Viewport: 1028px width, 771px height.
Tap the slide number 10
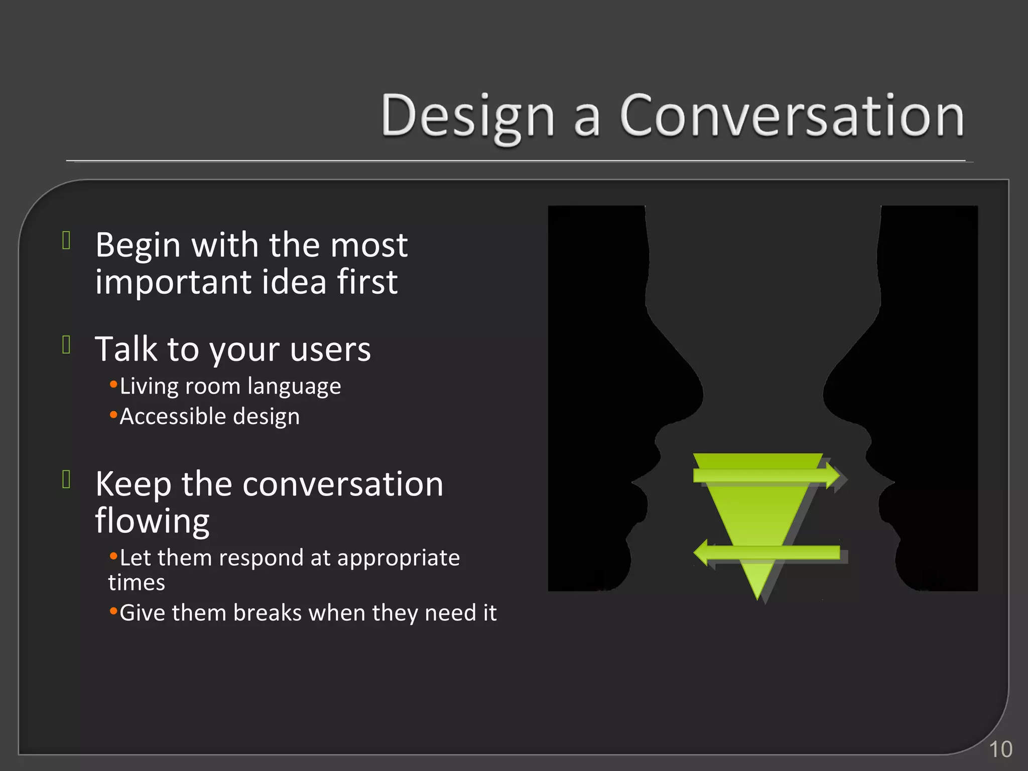click(x=1000, y=749)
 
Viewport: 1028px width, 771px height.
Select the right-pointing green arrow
click(x=765, y=475)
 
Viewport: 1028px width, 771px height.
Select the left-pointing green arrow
click(x=765, y=553)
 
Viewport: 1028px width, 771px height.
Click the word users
click(x=330, y=349)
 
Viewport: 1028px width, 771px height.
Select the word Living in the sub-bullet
click(x=149, y=387)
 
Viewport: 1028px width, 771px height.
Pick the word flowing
click(x=152, y=521)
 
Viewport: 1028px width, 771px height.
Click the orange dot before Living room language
click(x=113, y=385)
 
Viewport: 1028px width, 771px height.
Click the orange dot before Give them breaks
click(x=113, y=611)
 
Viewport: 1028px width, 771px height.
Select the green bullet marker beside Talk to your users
click(x=66, y=345)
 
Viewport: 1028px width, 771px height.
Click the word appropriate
click(x=398, y=558)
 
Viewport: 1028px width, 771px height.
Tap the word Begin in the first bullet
click(x=138, y=245)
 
